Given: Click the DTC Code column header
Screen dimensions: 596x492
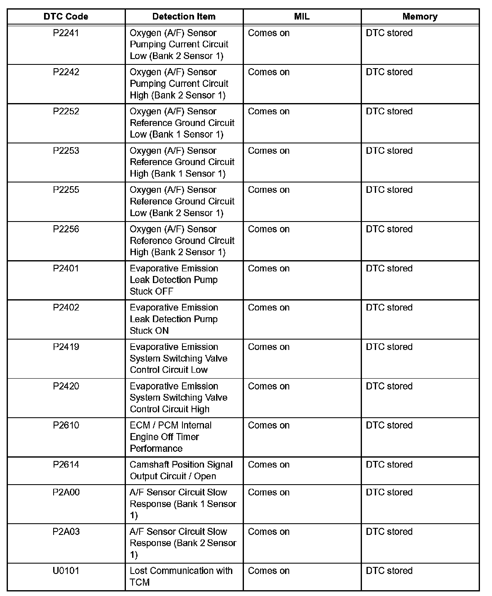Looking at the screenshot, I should point(66,17).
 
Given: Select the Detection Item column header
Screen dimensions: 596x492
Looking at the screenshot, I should point(184,17).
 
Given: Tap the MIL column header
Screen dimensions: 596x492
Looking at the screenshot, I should point(302,17).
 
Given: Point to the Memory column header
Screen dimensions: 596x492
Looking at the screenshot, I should point(420,17).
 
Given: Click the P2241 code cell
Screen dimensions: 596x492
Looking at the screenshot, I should point(66,33).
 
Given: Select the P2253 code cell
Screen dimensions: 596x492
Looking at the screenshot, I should point(66,150).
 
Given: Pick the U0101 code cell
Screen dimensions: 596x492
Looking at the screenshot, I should point(66,571).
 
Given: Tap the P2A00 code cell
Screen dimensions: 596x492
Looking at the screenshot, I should point(66,492).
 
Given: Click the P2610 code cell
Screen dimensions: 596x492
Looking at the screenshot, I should point(66,425).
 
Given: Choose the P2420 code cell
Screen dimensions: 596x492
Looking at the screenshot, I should point(66,386).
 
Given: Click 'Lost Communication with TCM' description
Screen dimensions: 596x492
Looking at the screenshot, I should point(181,576).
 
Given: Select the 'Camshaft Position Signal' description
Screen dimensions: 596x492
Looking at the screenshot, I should point(181,465).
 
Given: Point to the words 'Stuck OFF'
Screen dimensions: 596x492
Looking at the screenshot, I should point(151,291).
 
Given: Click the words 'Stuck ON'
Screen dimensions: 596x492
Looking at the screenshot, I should point(149,331).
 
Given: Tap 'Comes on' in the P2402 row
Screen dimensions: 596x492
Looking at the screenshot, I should point(268,308).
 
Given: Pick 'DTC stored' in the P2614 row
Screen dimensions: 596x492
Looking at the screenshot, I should point(389,465).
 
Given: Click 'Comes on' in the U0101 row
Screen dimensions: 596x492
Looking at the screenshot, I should point(268,571).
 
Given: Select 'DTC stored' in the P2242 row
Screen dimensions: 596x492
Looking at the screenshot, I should point(389,72).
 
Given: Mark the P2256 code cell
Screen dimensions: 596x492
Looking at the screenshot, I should point(66,229).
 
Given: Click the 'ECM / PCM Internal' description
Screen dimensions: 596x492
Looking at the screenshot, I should point(170,425).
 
